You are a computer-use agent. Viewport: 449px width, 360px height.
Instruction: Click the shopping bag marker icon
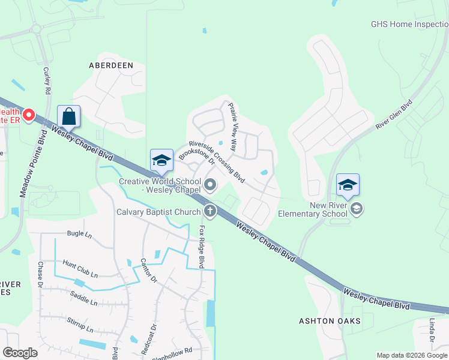[x=69, y=116]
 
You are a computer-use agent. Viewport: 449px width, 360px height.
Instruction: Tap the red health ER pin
[x=28, y=113]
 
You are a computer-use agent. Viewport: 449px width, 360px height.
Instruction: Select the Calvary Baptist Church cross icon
[x=209, y=211]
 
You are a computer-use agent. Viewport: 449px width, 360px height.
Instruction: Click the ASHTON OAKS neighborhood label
[x=330, y=321]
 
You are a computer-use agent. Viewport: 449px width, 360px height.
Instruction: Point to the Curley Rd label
[x=46, y=80]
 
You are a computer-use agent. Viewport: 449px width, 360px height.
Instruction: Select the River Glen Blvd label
[x=394, y=115]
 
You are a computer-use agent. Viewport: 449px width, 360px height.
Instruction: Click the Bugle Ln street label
[x=79, y=234]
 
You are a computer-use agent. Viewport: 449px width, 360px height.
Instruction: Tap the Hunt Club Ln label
[x=80, y=268]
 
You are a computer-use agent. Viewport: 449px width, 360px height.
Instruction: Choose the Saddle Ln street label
[x=83, y=299]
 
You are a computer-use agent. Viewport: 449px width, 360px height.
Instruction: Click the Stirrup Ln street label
[x=80, y=325]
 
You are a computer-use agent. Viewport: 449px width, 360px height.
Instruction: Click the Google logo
[x=20, y=353]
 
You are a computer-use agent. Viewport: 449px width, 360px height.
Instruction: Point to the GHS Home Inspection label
[x=409, y=25]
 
